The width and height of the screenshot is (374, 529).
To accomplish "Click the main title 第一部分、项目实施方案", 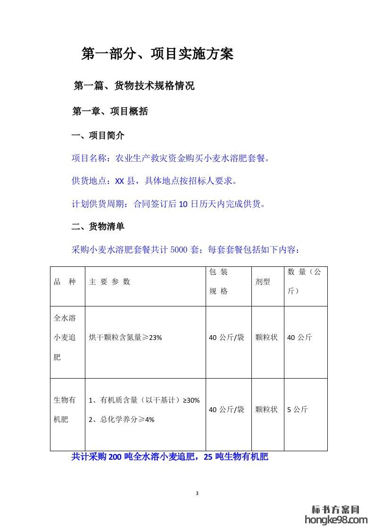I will tap(158, 54).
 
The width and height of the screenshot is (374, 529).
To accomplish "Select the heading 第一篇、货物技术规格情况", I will tap(134, 86).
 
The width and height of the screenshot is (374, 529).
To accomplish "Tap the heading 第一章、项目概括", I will tap(110, 111).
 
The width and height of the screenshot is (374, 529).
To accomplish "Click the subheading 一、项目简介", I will tap(98, 136).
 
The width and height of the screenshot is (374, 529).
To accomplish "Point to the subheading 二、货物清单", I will tap(98, 227).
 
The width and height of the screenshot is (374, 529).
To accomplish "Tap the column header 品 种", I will tap(65, 282).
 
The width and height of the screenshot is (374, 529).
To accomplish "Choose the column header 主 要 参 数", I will tap(109, 282).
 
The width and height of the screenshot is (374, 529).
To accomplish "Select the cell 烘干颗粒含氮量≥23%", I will tap(125, 338).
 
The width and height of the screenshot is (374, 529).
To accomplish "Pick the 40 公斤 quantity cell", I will tap(299, 338).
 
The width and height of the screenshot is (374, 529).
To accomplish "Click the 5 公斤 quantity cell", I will tap(298, 410).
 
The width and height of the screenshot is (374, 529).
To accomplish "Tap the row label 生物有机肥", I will tap(65, 410).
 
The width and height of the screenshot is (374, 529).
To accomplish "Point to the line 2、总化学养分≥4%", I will tap(122, 419).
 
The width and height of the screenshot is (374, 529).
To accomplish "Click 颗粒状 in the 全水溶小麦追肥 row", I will tap(266, 338).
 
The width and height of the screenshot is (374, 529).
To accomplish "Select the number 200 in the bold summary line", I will tap(115, 456).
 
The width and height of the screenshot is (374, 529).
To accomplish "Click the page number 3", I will tap(197, 493).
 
